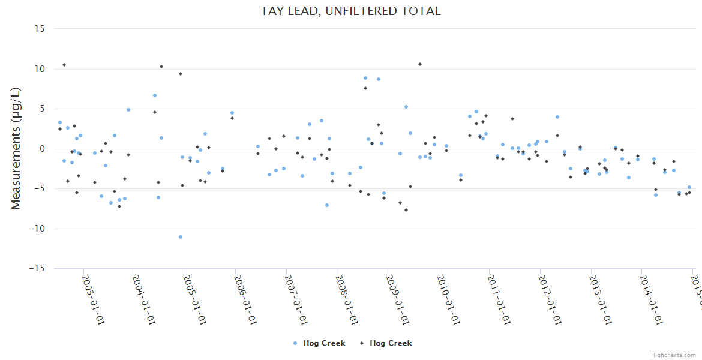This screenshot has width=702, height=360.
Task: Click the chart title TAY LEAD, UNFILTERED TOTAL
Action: (350, 11)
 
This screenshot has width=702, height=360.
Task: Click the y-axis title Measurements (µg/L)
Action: (16, 148)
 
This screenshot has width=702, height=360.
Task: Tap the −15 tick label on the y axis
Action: (38, 268)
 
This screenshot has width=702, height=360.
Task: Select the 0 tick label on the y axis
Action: (43, 149)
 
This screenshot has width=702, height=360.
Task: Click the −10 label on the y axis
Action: (38, 229)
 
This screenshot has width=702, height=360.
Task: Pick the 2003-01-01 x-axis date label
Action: (93, 292)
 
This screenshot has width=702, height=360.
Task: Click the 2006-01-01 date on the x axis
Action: (245, 292)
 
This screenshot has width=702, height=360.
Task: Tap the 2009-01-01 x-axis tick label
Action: (398, 292)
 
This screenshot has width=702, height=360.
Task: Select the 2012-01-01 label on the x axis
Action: (550, 292)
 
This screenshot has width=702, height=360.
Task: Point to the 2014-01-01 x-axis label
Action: (652, 292)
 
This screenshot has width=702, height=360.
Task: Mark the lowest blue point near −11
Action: (181, 237)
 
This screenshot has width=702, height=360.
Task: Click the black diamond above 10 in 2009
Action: (420, 64)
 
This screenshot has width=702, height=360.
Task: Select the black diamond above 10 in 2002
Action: (64, 65)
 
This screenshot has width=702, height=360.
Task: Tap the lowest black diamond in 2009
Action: (406, 210)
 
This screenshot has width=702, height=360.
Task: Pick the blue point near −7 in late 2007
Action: (327, 205)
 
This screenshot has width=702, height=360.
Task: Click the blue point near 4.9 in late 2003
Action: (128, 110)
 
